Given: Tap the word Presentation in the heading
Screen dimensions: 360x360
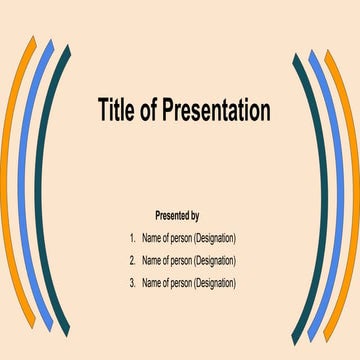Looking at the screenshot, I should tap(213, 110).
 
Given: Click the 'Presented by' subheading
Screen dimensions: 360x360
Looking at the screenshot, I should tap(177, 215).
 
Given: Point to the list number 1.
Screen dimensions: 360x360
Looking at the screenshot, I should tap(132, 238).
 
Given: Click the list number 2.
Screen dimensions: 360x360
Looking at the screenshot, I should tap(132, 260).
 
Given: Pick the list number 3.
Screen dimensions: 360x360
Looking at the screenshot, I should tap(132, 283).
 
